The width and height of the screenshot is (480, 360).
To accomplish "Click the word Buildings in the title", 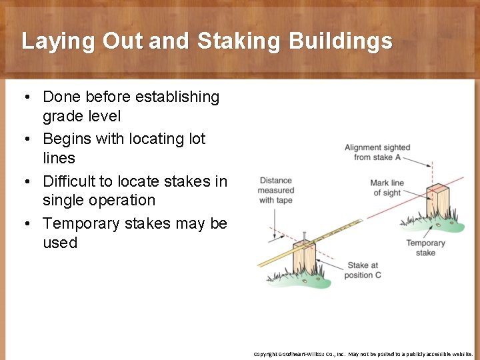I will click(x=341, y=41).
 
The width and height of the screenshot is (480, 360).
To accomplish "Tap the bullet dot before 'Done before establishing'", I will click(x=25, y=97).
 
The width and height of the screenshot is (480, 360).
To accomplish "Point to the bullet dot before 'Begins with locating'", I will click(x=25, y=139).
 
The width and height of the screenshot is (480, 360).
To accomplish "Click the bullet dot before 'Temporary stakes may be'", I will click(x=25, y=224).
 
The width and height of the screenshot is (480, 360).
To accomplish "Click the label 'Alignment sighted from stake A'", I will click(x=377, y=152).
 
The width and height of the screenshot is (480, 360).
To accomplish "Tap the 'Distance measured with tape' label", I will click(x=276, y=190).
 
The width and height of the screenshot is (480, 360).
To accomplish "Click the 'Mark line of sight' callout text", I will click(x=387, y=188).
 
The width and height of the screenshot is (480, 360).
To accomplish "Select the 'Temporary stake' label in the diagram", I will click(x=425, y=248).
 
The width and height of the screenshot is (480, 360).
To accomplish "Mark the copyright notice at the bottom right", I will click(x=363, y=354).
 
